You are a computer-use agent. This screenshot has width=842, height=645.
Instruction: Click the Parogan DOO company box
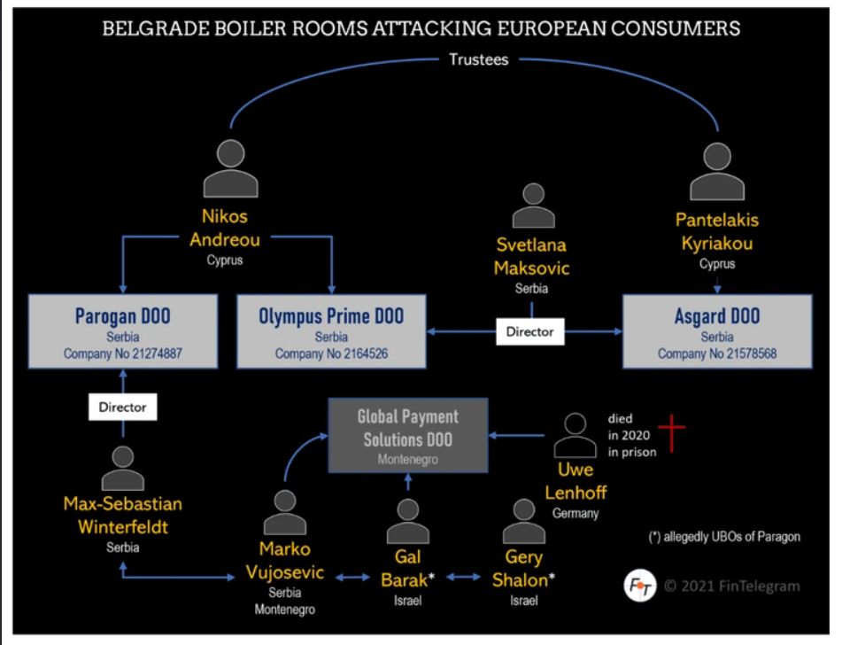123,331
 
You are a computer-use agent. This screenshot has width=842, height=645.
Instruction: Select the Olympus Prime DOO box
331,331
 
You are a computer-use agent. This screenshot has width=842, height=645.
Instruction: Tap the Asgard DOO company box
717,331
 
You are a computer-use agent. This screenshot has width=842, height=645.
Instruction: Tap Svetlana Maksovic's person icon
533,206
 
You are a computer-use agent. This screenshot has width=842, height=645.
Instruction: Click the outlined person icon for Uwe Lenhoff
576,435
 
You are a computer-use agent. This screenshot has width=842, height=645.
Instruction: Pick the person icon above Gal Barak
408,522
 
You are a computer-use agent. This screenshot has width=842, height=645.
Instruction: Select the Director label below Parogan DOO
123,408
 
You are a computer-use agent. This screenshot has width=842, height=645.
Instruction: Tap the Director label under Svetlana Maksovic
529,331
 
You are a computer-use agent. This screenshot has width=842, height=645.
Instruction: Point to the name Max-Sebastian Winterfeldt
123,516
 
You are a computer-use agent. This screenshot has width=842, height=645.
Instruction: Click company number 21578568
717,354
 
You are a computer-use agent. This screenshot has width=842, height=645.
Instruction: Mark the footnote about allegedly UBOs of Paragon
724,537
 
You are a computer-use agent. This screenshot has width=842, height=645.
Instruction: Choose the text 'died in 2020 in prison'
631,435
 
